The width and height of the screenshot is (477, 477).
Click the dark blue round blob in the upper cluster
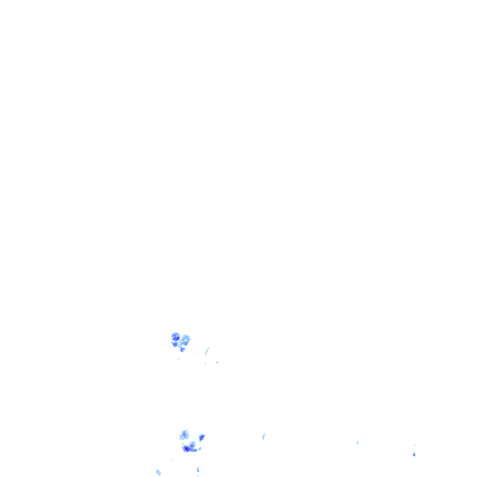pos(176,336)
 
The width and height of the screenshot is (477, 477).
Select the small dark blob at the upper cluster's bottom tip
pos(183,349)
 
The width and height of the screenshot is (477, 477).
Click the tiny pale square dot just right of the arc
pos(217,362)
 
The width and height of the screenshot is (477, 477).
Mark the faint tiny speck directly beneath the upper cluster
pos(178,359)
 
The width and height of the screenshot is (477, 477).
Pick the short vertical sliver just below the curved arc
pos(205,362)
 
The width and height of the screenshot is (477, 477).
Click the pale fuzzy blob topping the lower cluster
pos(185,435)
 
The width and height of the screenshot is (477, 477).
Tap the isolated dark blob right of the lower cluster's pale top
pos(202,437)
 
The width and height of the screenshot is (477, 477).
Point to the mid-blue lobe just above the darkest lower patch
pos(192,444)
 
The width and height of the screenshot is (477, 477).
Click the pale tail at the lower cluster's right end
pos(199,449)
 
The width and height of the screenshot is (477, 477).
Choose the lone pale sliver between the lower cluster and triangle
pos(263,436)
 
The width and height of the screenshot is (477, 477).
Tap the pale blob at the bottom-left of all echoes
pos(158,472)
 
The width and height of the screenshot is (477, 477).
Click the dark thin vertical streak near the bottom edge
pos(198,469)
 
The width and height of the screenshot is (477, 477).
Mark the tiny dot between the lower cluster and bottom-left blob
pos(173,460)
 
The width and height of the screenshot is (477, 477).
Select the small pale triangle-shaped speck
pos(358,442)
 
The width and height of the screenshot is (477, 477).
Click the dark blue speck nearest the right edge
pos(414,454)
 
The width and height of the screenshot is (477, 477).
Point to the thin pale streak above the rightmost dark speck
pos(415,445)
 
